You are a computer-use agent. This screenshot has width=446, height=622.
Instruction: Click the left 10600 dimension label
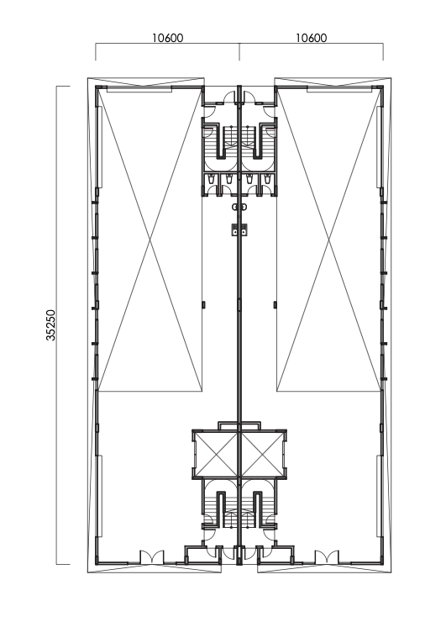coord(167,38)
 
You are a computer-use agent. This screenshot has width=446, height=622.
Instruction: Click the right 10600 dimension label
coord(312,38)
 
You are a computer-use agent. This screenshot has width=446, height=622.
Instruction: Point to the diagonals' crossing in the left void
coord(150,240)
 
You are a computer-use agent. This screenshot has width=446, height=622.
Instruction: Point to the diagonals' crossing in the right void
coord(329,240)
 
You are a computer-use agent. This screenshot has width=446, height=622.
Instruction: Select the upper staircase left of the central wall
coord(221,144)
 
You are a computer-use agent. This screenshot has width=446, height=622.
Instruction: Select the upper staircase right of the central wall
coord(260,144)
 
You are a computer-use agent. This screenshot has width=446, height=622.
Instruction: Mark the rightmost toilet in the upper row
coord(269,182)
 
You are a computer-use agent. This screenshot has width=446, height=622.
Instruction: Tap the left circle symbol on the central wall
coord(236,207)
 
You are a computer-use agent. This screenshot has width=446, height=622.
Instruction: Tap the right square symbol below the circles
coord(245,227)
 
